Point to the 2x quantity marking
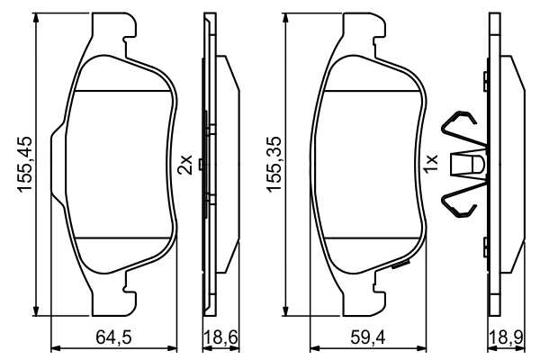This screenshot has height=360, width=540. [x=184, y=165]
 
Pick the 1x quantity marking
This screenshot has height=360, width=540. [x=430, y=164]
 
